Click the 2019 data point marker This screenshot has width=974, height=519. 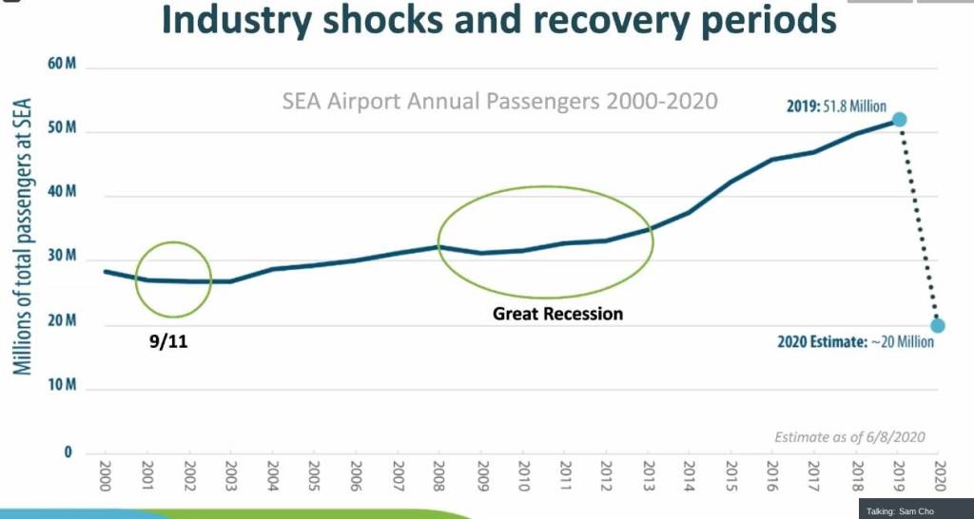point(899,120)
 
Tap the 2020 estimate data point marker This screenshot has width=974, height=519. point(938,326)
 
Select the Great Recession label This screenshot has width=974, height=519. point(557,313)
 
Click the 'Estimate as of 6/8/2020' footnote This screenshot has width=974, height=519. point(848,437)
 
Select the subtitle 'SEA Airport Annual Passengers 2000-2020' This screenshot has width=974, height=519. point(499,101)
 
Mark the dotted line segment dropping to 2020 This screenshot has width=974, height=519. point(919,223)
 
